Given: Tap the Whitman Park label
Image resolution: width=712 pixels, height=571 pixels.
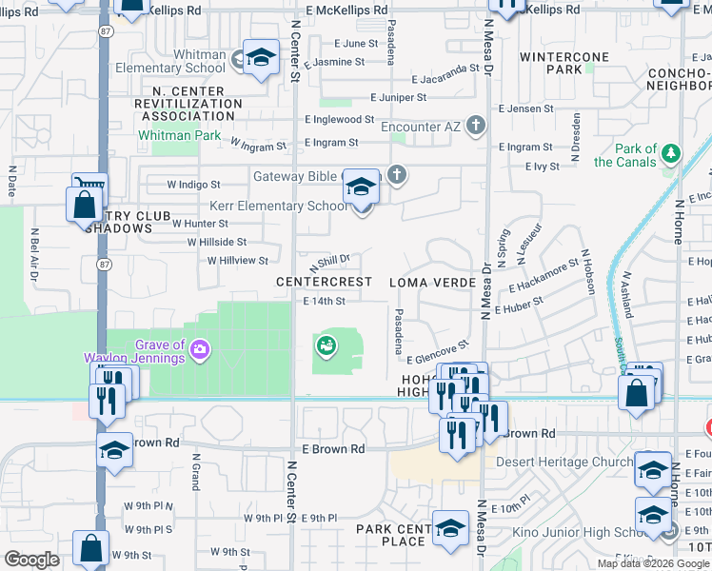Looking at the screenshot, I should [x=179, y=136].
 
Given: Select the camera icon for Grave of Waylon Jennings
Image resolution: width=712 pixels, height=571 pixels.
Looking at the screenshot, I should [x=200, y=350].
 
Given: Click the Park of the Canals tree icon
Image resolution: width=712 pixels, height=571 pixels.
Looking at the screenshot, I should [x=672, y=153].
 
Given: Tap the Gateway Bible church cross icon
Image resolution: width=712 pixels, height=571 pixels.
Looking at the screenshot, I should [x=397, y=175].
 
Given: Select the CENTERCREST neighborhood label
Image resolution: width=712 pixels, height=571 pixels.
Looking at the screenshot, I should [x=324, y=283].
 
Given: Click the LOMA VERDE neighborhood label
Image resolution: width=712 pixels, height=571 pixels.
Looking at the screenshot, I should [x=428, y=283].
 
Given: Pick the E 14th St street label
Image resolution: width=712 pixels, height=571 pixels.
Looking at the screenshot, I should [x=323, y=301].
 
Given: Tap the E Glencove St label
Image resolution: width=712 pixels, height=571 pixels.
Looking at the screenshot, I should [x=438, y=352].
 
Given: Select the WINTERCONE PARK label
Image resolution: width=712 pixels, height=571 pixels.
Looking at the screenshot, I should [x=564, y=63].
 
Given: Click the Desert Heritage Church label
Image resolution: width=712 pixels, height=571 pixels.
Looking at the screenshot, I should [x=564, y=463].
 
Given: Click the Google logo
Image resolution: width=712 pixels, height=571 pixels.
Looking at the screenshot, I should [x=32, y=560].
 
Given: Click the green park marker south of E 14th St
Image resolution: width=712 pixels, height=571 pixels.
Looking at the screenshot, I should [x=326, y=345].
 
